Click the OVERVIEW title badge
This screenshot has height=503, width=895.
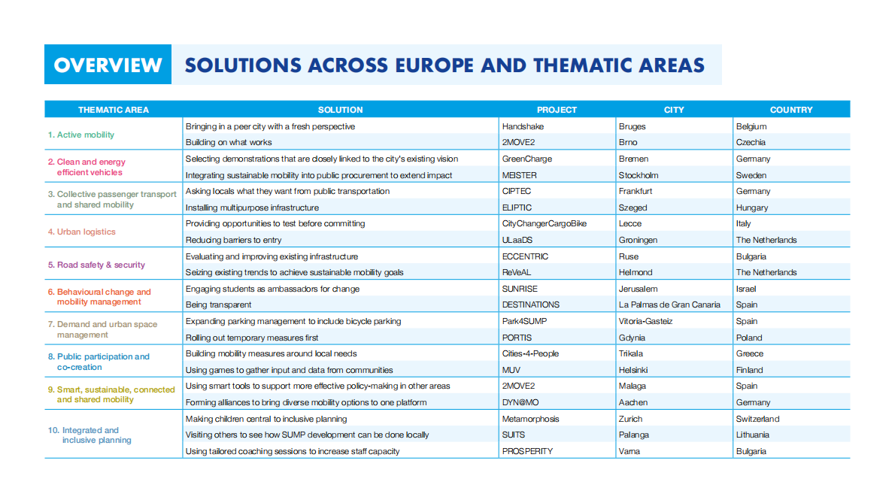108,65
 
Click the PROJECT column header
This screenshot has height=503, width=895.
557,110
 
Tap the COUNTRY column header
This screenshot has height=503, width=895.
791,110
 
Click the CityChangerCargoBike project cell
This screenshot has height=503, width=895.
544,223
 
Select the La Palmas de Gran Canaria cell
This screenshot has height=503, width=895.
669,305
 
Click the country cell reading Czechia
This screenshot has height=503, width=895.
751,142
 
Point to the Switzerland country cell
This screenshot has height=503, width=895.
757,419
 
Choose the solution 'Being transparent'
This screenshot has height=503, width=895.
218,305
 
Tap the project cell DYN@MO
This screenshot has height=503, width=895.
520,402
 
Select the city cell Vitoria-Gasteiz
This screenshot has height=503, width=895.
645,321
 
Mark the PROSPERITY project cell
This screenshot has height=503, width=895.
527,451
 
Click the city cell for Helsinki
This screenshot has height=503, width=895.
633,370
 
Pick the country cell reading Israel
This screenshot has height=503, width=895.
746,289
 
